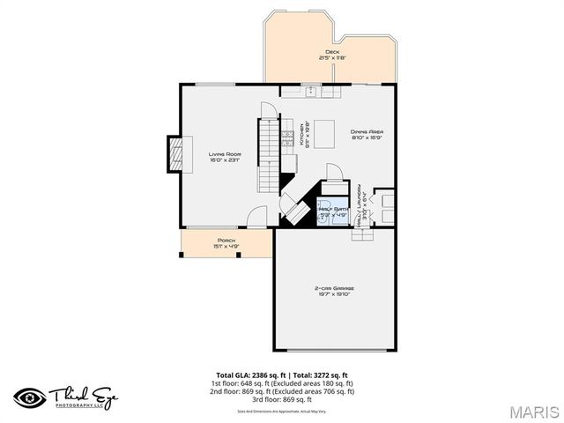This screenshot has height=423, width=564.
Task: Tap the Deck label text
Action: [x=332, y=52]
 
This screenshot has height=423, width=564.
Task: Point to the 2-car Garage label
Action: [x=334, y=288]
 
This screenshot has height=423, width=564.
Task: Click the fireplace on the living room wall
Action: [x=177, y=154]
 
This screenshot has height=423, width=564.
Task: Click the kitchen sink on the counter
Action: [x=310, y=90]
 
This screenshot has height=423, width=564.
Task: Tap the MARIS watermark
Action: [x=532, y=412]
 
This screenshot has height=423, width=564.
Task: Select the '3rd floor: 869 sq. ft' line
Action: [x=282, y=399]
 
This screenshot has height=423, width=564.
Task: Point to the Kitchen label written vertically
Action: [x=301, y=134]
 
